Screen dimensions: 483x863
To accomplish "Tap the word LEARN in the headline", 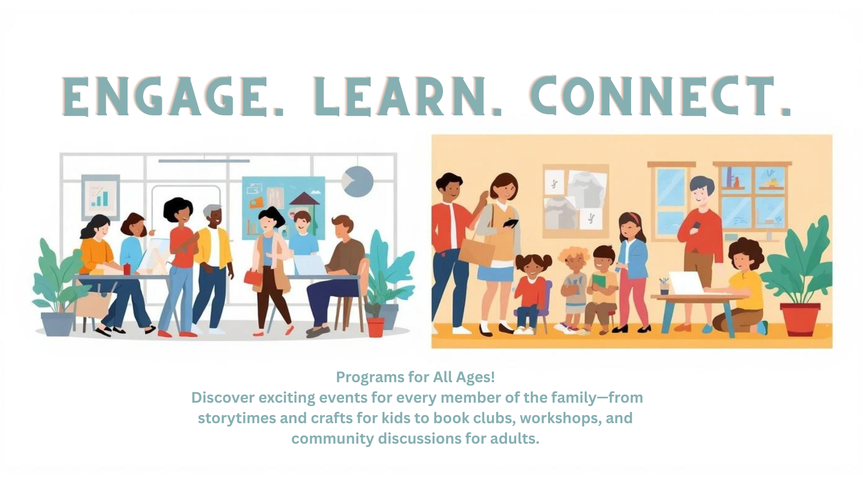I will (x=407, y=97).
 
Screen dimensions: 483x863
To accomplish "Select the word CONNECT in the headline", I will (x=659, y=97).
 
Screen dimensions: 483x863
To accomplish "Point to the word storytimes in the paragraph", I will (x=236, y=418).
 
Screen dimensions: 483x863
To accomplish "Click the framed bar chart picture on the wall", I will (x=100, y=197).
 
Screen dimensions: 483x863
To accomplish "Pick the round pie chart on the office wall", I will (x=358, y=181).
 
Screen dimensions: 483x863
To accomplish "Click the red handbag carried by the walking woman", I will (x=252, y=277).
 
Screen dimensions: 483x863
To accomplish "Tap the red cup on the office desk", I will (x=127, y=269).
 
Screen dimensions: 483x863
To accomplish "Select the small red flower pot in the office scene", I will (x=375, y=326).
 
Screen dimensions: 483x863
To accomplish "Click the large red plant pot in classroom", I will (x=800, y=319).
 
